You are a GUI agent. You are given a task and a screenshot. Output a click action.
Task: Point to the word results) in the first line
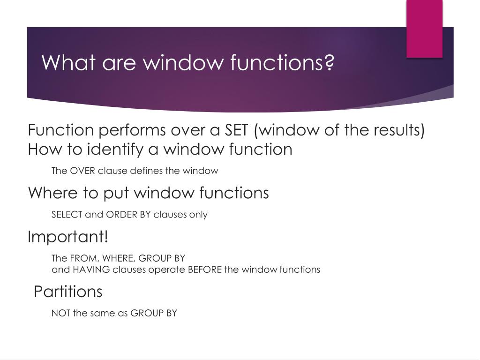point(399,130)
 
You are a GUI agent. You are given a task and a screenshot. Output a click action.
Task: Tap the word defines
point(145,171)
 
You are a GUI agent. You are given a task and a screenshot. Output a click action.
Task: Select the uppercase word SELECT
point(67,215)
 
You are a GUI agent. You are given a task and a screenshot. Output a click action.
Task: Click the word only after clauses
point(198,215)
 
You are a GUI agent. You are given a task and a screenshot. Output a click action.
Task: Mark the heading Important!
point(68,237)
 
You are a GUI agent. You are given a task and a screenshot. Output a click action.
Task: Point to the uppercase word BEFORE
point(204,270)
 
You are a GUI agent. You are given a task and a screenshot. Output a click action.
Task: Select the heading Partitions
point(68,292)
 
